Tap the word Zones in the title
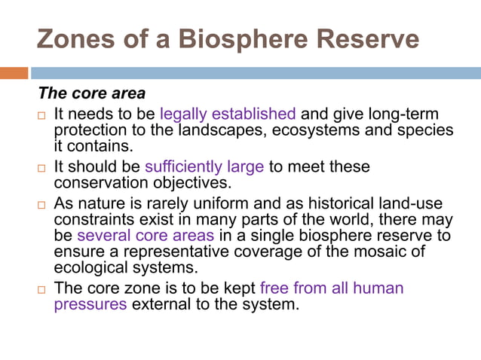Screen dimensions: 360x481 click(x=73, y=39)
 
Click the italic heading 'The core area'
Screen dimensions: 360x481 click(x=92, y=95)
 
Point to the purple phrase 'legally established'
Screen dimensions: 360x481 click(x=228, y=114)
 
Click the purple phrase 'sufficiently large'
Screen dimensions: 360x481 click(x=204, y=166)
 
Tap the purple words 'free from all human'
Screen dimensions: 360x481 click(x=331, y=288)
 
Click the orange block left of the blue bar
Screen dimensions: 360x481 click(x=14, y=73)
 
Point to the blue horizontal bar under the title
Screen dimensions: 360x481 click(x=256, y=73)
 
